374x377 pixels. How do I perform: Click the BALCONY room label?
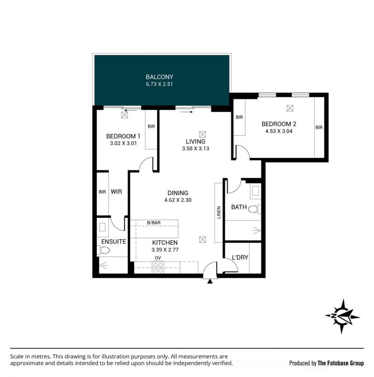(159, 77)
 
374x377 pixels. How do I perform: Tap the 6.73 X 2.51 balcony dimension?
(159, 84)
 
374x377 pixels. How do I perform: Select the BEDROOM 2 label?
(279, 124)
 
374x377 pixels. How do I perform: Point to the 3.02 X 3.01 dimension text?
(123, 143)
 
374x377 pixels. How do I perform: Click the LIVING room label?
(195, 141)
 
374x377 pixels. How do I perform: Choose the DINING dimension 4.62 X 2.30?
(178, 200)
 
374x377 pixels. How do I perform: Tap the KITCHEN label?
(165, 243)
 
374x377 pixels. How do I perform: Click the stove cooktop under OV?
(158, 267)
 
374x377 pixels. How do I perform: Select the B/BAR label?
(154, 222)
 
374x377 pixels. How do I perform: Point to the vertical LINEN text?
(219, 213)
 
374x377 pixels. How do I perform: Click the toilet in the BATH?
(254, 209)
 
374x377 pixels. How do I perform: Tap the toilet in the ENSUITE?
(103, 250)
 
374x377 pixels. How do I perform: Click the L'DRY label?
(240, 258)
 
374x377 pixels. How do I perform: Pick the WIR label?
(116, 192)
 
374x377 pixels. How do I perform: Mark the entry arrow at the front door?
(210, 281)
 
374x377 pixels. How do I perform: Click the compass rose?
(343, 317)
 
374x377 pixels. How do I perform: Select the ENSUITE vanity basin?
(102, 227)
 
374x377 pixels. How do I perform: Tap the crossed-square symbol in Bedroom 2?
(290, 108)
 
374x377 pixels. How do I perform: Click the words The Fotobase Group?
(341, 363)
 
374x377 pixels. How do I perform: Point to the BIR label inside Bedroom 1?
(151, 126)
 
